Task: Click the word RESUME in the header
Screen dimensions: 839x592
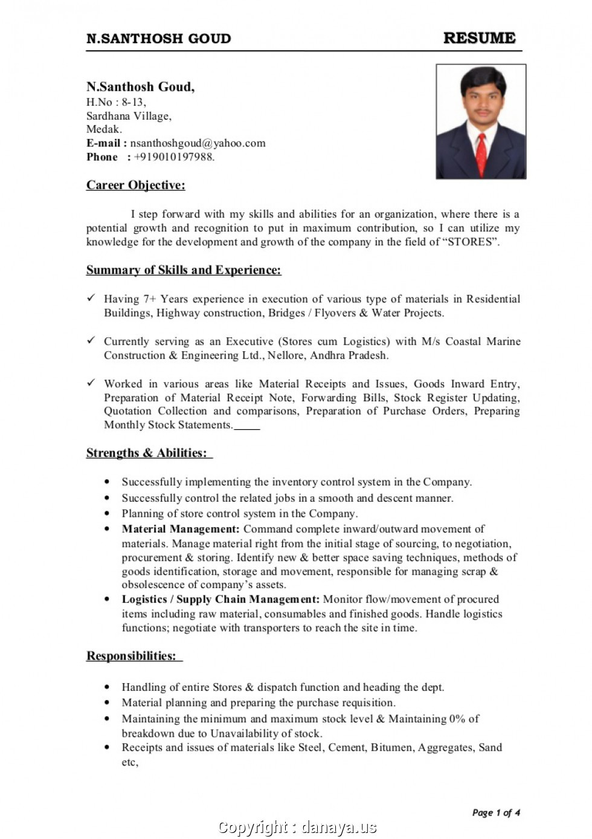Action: point(479,38)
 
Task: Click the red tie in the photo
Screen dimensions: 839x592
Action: point(481,154)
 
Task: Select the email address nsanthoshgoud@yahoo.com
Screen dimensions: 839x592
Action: point(198,143)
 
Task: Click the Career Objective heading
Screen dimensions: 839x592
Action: point(135,186)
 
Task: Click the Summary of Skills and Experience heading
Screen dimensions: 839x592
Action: point(183,270)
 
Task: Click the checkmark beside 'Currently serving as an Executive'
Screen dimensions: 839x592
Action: point(91,341)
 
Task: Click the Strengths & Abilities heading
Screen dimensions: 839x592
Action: point(146,453)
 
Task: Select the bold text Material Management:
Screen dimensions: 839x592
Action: point(180,529)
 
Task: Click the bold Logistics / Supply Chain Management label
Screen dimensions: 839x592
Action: point(220,599)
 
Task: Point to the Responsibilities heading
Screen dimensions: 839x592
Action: point(131,656)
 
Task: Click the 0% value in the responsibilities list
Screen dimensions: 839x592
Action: point(457,719)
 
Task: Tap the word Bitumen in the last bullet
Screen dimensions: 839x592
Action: point(391,748)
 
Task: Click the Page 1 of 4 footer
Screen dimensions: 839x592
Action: point(495,812)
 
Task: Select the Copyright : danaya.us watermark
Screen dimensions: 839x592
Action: point(297,827)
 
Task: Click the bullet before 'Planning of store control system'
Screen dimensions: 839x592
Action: point(107,514)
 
